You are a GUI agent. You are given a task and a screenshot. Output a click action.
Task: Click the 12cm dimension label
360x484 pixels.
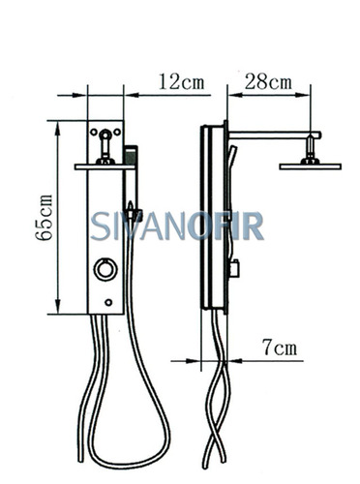tap(182, 81)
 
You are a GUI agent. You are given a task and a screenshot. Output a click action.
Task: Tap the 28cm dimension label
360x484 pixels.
tap(268, 81)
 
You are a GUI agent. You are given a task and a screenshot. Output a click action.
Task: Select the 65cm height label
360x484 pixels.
tap(45, 218)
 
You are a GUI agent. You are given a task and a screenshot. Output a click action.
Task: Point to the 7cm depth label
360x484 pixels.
tap(280, 348)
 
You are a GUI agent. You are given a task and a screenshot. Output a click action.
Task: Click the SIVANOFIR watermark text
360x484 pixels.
tap(177, 226)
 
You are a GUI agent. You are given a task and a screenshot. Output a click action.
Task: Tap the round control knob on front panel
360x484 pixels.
tap(105, 269)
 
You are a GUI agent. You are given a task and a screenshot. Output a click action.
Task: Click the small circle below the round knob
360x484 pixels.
tap(108, 302)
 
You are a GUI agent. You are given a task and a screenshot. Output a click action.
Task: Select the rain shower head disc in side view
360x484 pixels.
tap(310, 166)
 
